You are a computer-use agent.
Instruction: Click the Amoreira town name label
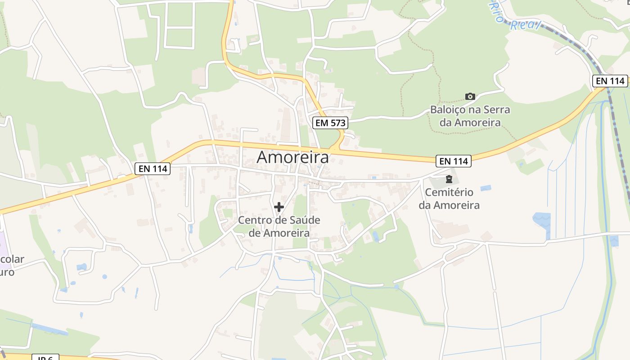(292, 157)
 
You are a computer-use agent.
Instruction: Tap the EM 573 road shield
(331, 122)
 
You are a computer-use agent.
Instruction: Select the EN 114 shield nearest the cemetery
(453, 161)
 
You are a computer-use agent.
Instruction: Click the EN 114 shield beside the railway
(610, 81)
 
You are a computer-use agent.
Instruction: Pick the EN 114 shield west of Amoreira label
(153, 169)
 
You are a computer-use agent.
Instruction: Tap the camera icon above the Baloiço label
(470, 96)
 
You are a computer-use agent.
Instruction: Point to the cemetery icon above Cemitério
(449, 179)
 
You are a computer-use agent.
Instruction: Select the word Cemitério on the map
(449, 192)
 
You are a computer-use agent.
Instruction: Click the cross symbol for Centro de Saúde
(279, 207)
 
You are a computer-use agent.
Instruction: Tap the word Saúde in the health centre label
(304, 220)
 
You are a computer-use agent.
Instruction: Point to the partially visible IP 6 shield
(45, 357)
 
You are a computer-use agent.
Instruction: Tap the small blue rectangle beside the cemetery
(486, 188)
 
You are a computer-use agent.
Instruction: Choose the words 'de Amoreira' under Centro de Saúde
(279, 233)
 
